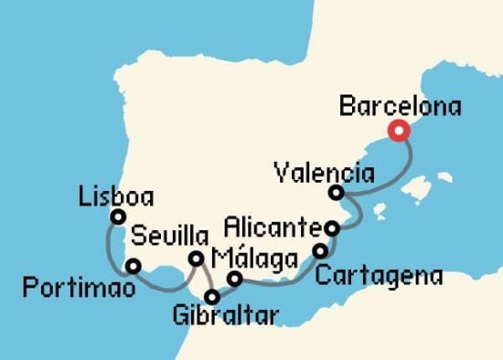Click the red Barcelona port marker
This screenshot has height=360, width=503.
click(x=399, y=131)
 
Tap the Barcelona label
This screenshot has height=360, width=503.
click(x=400, y=107)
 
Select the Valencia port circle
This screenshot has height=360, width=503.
click(x=337, y=193)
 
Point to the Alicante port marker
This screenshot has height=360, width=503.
click(x=334, y=227)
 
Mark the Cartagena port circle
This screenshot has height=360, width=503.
click(x=320, y=250)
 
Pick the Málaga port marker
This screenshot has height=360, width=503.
click(x=234, y=279)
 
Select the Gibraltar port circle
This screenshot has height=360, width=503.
click(x=212, y=296)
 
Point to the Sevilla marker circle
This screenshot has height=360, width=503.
click(x=196, y=259)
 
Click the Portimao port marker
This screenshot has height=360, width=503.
click(x=134, y=267)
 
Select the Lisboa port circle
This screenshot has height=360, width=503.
click(x=117, y=217)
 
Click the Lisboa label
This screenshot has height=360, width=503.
click(x=116, y=196)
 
